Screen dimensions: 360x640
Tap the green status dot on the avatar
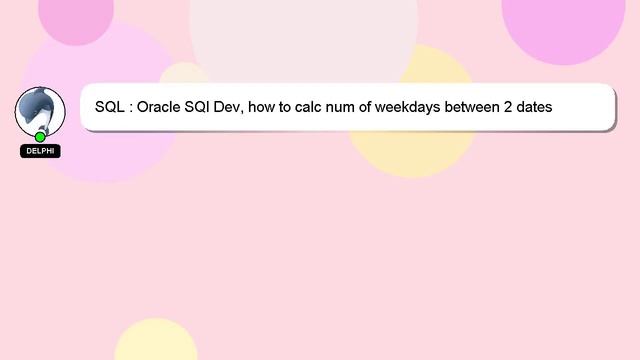[x=40, y=136]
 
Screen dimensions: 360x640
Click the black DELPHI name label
[x=40, y=151]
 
